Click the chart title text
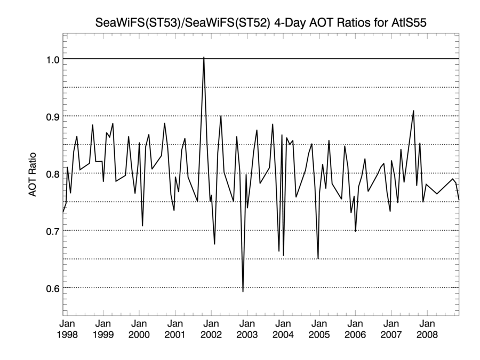tap(261, 23)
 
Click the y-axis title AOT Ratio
tap(33, 173)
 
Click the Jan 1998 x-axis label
tap(67, 329)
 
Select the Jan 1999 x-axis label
tap(103, 329)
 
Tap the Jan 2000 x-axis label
tap(139, 329)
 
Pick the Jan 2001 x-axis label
tap(175, 329)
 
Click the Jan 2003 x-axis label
tap(247, 329)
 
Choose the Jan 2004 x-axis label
tap(283, 329)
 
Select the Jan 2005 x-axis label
tap(319, 329)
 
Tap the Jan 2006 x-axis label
tap(355, 329)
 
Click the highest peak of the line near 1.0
tap(204, 58)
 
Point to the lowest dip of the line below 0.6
tap(243, 291)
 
